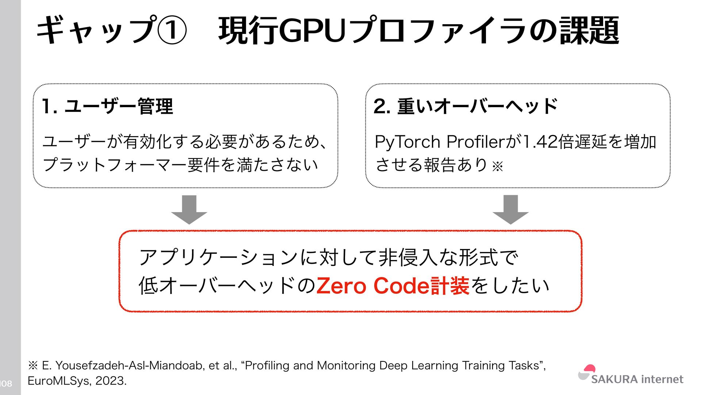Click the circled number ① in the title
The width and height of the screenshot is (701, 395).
[x=172, y=30]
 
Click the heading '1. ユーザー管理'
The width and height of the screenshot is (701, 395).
[x=107, y=106]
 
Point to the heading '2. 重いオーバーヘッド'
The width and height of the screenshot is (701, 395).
[x=466, y=106]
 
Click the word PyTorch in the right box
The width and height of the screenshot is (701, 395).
[x=407, y=142]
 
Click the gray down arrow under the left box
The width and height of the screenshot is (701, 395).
[x=189, y=210]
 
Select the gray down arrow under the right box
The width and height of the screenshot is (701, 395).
[x=510, y=210]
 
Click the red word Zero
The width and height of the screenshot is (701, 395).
[x=341, y=286]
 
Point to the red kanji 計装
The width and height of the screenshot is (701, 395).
[x=450, y=286]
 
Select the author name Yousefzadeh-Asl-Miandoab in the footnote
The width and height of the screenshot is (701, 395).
[x=130, y=365]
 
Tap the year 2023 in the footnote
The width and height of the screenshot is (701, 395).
[x=110, y=381]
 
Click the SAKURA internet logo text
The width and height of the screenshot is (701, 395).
[x=637, y=379]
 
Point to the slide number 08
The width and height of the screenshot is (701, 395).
[x=7, y=384]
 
